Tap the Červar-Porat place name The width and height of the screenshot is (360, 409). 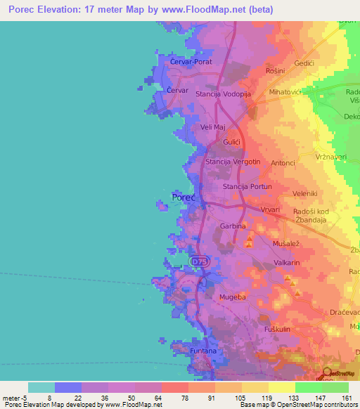click(191, 63)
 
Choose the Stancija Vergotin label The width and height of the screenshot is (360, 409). click(233, 162)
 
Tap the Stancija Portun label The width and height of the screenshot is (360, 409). click(247, 187)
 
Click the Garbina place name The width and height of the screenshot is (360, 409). click(233, 226)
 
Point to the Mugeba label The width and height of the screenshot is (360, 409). click(233, 298)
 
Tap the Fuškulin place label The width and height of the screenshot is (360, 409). click(277, 330)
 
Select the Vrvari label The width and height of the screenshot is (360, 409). click(269, 209)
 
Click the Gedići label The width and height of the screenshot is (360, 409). click(304, 63)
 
